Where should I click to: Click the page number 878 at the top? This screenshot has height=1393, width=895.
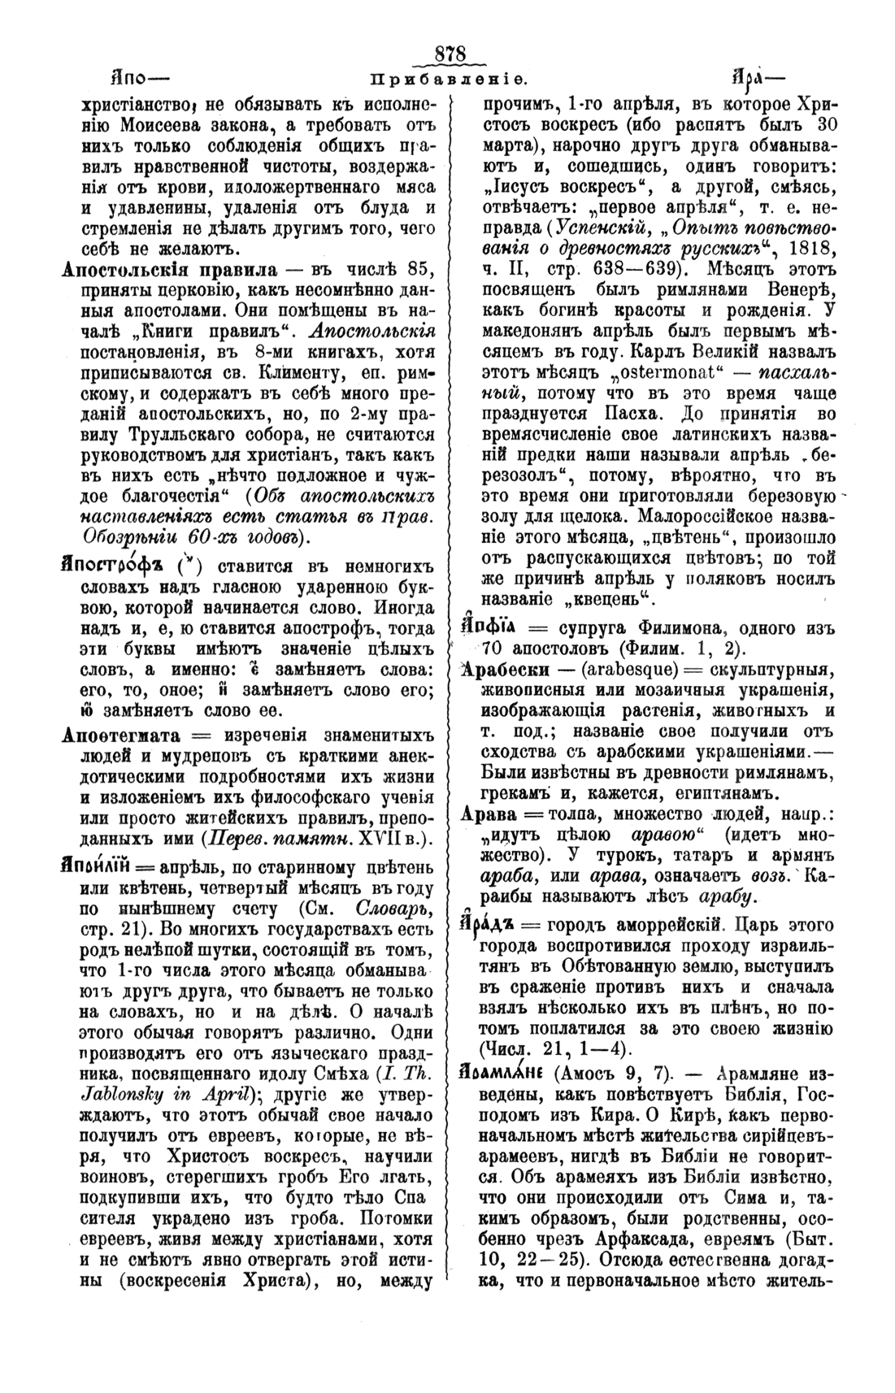(x=449, y=54)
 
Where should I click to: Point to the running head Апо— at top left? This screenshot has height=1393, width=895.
(x=137, y=81)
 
